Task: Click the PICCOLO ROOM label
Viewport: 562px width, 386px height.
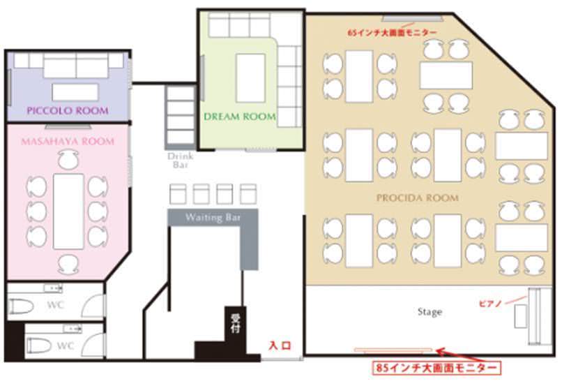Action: (x=68, y=110)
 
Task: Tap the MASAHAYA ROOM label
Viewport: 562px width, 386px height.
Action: (x=68, y=141)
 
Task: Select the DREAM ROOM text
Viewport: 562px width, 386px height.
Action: (x=240, y=117)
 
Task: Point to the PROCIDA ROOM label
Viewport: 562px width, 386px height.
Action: (x=418, y=198)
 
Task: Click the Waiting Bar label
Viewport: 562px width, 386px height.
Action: (x=213, y=217)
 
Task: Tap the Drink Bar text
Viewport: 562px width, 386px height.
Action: (x=181, y=161)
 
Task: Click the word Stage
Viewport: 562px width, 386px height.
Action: (x=430, y=312)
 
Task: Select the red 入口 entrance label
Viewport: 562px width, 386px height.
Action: (x=280, y=346)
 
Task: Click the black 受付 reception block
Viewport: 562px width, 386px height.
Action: (x=235, y=324)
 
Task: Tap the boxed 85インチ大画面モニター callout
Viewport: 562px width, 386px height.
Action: (x=436, y=368)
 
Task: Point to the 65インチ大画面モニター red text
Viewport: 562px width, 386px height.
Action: (x=392, y=32)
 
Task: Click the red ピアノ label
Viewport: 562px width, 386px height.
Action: (x=490, y=304)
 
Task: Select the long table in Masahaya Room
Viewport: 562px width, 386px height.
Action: (x=68, y=211)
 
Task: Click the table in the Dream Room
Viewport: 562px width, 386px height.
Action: (x=250, y=78)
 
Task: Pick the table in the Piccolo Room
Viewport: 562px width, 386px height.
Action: (x=75, y=92)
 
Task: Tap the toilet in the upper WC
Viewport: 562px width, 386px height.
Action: (x=21, y=306)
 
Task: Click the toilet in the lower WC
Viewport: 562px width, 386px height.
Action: (x=39, y=346)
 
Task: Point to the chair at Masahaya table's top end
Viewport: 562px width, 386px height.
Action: (x=68, y=160)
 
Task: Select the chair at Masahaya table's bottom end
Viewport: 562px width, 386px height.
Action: (x=68, y=265)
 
